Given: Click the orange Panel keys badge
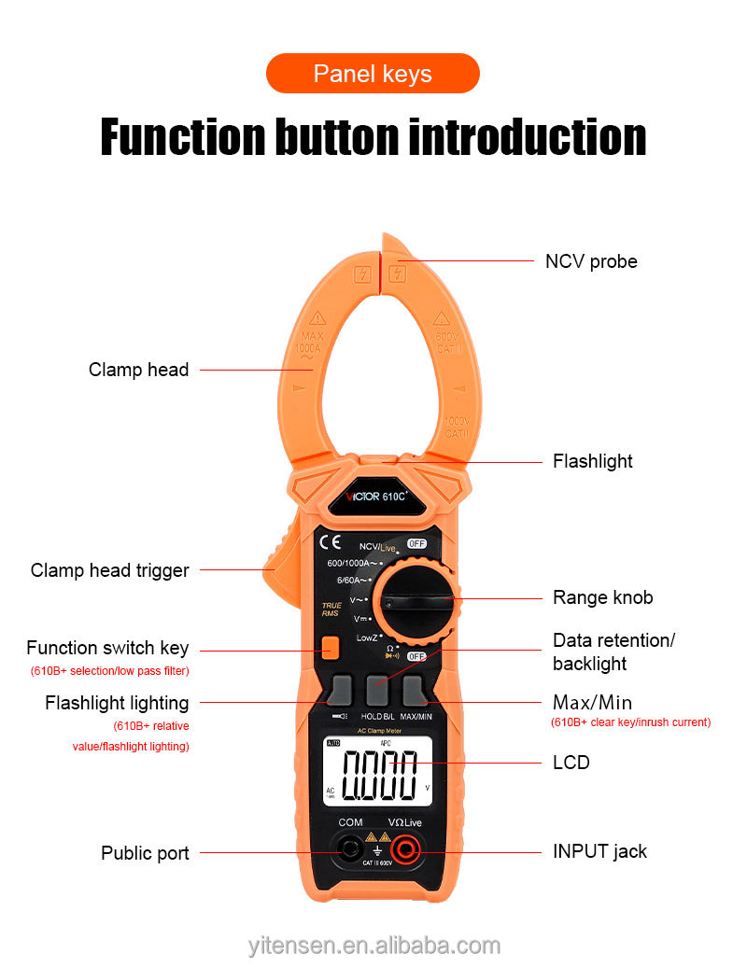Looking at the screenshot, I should click(x=373, y=74).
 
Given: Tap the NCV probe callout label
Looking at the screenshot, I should click(x=591, y=261).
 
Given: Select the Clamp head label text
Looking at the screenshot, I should click(x=138, y=370).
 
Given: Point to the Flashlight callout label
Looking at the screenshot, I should click(x=592, y=461).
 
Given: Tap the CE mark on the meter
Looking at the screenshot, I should click(x=330, y=542).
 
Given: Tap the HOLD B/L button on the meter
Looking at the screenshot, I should click(x=378, y=692).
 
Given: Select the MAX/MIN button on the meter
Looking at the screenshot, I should click(x=416, y=692).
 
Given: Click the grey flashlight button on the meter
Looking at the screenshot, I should click(x=340, y=692).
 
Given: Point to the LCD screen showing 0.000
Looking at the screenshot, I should click(x=378, y=772).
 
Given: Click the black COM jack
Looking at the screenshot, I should click(x=350, y=849).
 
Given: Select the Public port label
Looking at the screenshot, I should click(x=145, y=853).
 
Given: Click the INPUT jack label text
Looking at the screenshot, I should click(x=599, y=851).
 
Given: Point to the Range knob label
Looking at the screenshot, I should click(x=602, y=597).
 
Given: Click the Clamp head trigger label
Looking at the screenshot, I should click(x=109, y=570).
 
